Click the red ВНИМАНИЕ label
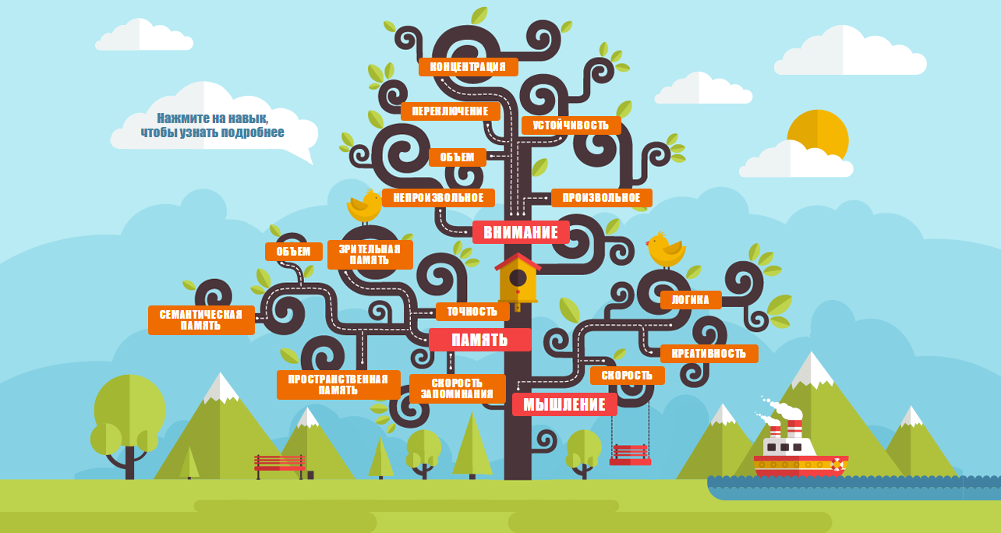521,232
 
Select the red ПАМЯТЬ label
480,340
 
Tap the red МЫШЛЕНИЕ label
565,404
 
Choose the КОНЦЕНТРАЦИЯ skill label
469,67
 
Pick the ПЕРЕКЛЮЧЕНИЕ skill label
451,111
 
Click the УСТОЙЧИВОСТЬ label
571,125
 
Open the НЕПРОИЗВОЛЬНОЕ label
438,197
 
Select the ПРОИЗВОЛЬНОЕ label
602,197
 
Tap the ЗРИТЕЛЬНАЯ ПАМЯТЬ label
370,255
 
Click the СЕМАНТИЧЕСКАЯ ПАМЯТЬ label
202,320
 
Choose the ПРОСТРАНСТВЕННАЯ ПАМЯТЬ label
338,385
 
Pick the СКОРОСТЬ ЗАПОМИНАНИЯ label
458,389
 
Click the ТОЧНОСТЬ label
472,312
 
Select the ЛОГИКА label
691,300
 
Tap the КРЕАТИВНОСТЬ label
709,354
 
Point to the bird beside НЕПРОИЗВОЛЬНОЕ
365,206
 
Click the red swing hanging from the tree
630,455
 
